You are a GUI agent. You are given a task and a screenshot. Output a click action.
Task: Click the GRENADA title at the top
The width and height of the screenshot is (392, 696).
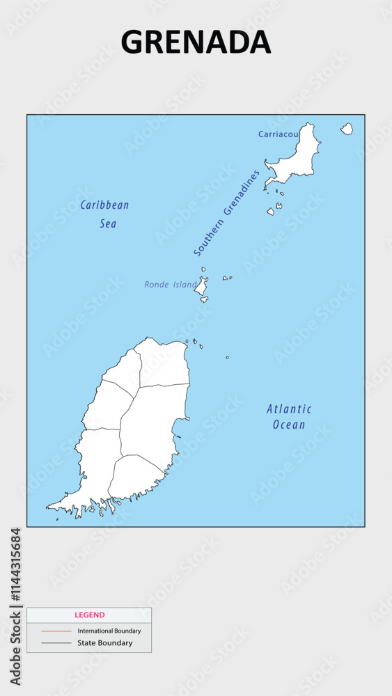tap(196, 42)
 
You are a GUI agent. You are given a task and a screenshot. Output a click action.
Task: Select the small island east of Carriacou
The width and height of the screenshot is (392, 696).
tap(346, 129)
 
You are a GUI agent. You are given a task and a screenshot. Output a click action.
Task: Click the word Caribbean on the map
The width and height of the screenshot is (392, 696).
tap(104, 205)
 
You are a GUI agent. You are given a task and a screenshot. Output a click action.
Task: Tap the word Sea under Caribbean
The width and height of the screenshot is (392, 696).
tap(107, 224)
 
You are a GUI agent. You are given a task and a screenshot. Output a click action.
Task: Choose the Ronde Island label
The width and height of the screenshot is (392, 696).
tap(169, 285)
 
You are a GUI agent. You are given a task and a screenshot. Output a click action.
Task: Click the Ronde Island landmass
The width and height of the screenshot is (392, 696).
tap(201, 286)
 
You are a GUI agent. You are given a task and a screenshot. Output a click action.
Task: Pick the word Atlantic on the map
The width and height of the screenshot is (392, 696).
tap(289, 409)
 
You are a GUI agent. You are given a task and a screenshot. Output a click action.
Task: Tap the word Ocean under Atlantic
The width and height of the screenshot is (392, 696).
tap(289, 425)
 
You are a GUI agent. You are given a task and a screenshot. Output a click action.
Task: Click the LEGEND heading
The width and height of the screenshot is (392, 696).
tap(89, 615)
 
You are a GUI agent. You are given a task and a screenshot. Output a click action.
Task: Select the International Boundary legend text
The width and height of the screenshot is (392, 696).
tap(109, 631)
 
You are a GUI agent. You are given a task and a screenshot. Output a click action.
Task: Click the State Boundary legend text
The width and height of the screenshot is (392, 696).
tap(105, 643)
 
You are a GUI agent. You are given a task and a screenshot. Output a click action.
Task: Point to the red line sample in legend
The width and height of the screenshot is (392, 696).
tap(56, 631)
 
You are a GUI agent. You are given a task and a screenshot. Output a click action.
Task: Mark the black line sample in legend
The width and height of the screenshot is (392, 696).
tap(56, 643)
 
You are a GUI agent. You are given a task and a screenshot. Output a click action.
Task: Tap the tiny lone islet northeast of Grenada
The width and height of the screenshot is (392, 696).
tap(227, 358)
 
